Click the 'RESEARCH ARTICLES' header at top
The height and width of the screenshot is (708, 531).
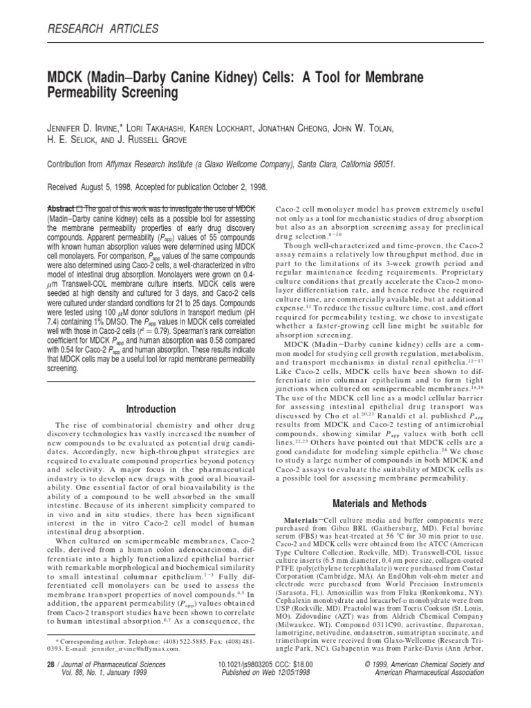(102, 28)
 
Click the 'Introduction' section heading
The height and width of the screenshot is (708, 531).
(151, 409)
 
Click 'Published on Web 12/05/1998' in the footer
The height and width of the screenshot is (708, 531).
(266, 671)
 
